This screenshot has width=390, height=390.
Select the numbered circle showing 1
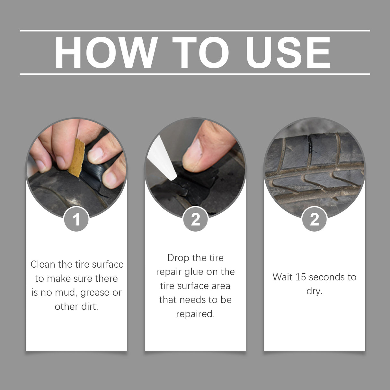(76, 219)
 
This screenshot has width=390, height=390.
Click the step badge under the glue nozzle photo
(195, 219)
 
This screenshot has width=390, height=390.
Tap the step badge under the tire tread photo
(315, 219)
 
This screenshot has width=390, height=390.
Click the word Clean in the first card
(41, 264)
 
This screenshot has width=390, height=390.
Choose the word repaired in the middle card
(195, 314)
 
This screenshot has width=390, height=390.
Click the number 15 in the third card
(301, 277)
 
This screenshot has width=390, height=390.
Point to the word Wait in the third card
(282, 277)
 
